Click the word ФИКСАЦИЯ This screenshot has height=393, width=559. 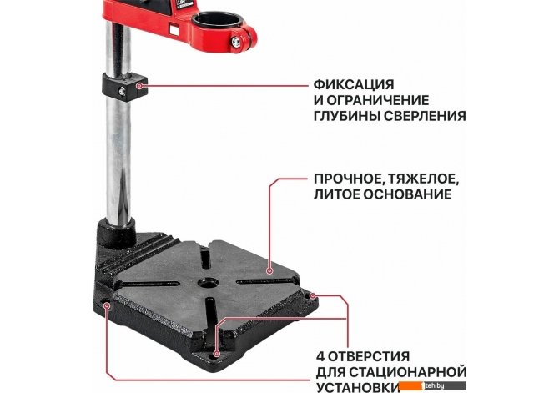click(x=354, y=85)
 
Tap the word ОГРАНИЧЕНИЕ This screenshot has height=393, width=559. click(x=378, y=100)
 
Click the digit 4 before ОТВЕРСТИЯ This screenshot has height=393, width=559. click(x=320, y=356)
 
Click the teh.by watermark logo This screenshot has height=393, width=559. click(x=432, y=385)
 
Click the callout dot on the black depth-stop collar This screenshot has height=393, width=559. click(x=140, y=86)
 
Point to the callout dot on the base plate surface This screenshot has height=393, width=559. click(x=269, y=271)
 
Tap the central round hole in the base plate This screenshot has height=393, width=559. click(x=209, y=283)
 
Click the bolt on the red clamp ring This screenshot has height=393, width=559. click(x=236, y=42)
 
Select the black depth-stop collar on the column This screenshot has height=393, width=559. click(x=125, y=87)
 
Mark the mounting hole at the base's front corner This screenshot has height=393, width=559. click(x=216, y=354)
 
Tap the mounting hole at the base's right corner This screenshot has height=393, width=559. click(x=311, y=295)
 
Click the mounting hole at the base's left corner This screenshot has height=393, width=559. click(x=106, y=305)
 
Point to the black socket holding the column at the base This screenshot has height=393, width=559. click(x=116, y=234)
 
